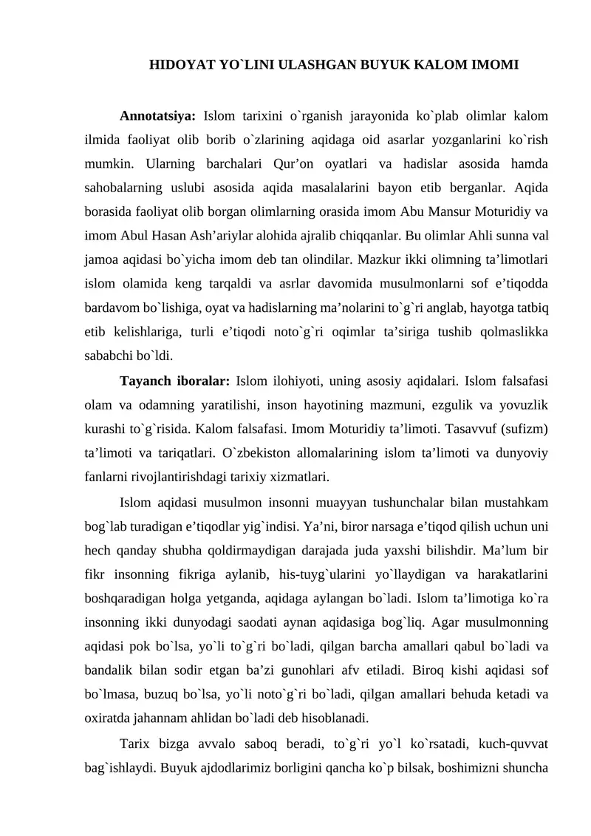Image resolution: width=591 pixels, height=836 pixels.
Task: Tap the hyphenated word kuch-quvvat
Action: tap(513, 742)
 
